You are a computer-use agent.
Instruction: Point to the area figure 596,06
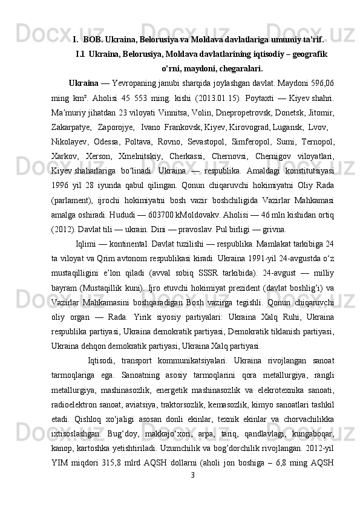[321, 82]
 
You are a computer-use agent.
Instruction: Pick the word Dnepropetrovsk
[244, 112]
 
